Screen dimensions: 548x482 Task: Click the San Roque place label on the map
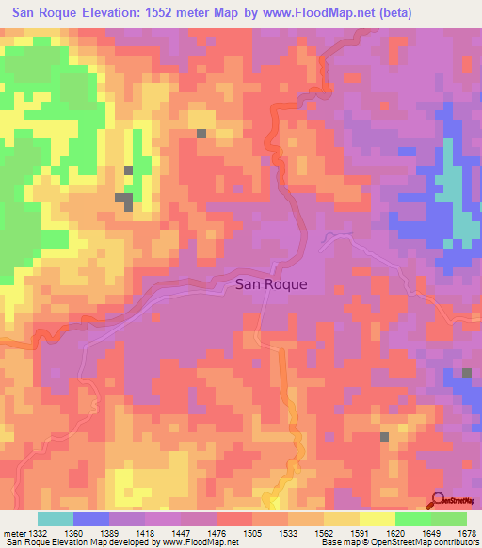click(x=271, y=282)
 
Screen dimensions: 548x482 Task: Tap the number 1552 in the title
click(x=181, y=13)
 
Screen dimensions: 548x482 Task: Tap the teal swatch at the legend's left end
click(x=56, y=519)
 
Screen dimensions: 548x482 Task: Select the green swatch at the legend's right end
click(x=448, y=519)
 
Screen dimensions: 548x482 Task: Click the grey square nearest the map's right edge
click(x=467, y=374)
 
